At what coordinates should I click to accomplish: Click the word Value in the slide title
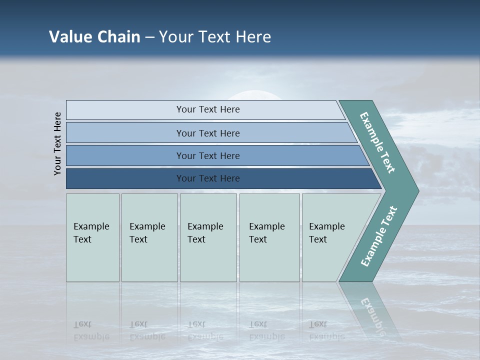click(x=69, y=37)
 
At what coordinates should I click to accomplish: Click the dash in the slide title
click(x=149, y=37)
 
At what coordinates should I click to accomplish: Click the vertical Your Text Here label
click(x=57, y=143)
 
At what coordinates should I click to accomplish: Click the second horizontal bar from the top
click(x=208, y=133)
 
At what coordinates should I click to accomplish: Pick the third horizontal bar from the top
click(x=208, y=155)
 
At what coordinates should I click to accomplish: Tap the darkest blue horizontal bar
click(x=208, y=178)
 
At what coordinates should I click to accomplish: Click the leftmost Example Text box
click(x=92, y=237)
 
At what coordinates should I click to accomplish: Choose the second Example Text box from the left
click(x=149, y=237)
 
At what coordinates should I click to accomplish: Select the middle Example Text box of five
click(x=208, y=237)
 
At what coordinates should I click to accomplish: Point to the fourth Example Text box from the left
click(x=269, y=237)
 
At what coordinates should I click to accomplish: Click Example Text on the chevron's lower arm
click(x=379, y=236)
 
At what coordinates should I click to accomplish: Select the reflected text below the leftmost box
click(x=91, y=330)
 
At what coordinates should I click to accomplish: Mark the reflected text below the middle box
click(x=205, y=330)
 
